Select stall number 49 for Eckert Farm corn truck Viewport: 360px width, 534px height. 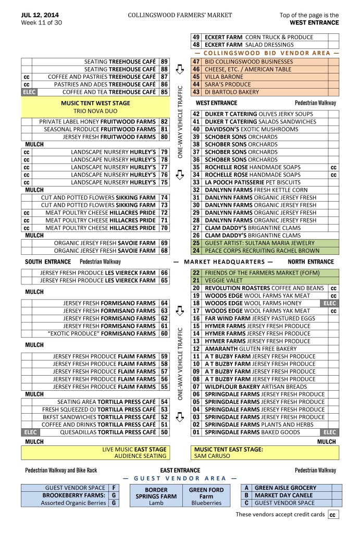pos(196,38)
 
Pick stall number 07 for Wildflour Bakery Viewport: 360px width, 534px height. pos(196,387)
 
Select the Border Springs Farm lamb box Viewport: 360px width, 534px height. pos(156,496)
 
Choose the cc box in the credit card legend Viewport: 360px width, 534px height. pos(332,515)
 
